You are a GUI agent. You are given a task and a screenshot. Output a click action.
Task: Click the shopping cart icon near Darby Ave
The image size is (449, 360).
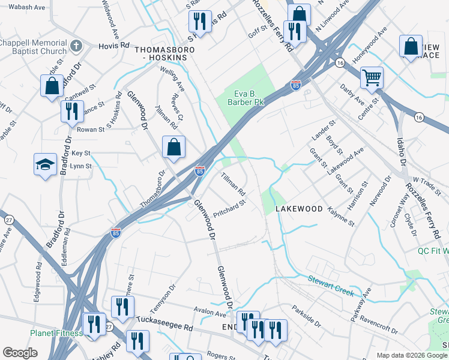[x=372, y=77]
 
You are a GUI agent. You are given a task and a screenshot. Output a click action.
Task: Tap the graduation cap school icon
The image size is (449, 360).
[x=45, y=164]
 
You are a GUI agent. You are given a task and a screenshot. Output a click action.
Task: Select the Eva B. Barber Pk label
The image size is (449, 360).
[x=249, y=97]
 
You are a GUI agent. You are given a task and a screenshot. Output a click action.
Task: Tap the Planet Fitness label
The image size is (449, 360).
[x=56, y=334]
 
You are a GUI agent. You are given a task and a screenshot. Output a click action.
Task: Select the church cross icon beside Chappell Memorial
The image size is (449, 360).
[x=76, y=45]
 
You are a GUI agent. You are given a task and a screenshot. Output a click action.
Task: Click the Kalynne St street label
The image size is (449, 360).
[x=342, y=216]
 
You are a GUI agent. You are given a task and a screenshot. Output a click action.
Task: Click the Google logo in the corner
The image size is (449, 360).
[x=20, y=353]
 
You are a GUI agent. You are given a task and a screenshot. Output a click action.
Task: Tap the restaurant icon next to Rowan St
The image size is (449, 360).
[x=71, y=111]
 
